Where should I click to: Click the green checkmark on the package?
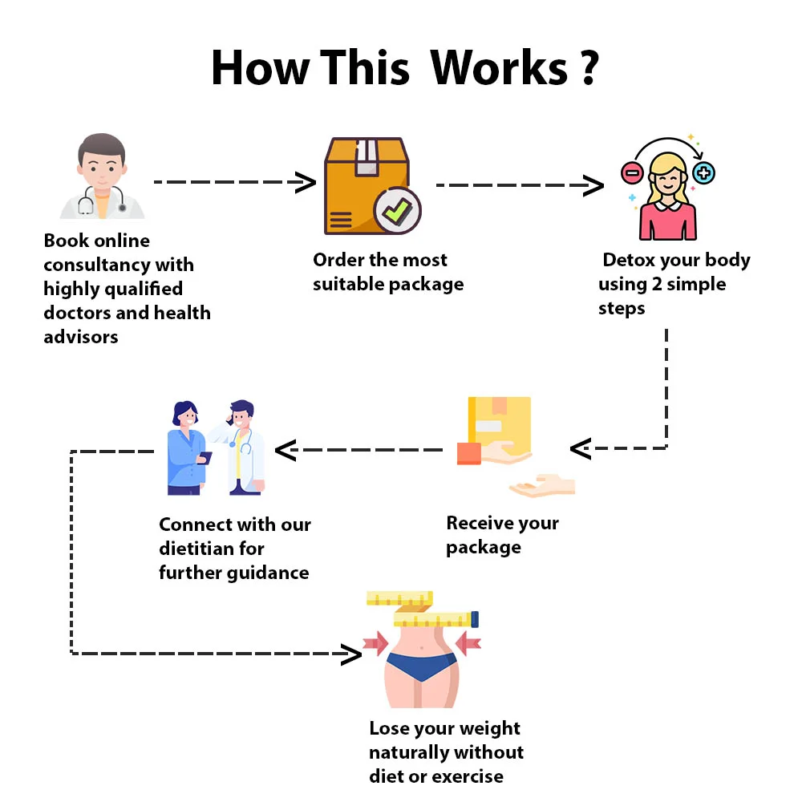coord(396,210)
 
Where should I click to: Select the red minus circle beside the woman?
coord(632,172)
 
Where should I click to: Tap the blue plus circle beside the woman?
coord(703,172)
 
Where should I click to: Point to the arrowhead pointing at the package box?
coord(306,183)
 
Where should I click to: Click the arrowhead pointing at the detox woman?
coord(593,186)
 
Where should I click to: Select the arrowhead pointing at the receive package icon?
coord(580,448)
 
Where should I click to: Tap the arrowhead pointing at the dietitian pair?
coord(286,450)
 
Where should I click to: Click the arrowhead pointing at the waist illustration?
coord(351,654)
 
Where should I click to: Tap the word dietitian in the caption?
coord(199,549)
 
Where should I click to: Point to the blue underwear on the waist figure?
coord(421,666)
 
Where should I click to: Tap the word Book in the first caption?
coord(65,241)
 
